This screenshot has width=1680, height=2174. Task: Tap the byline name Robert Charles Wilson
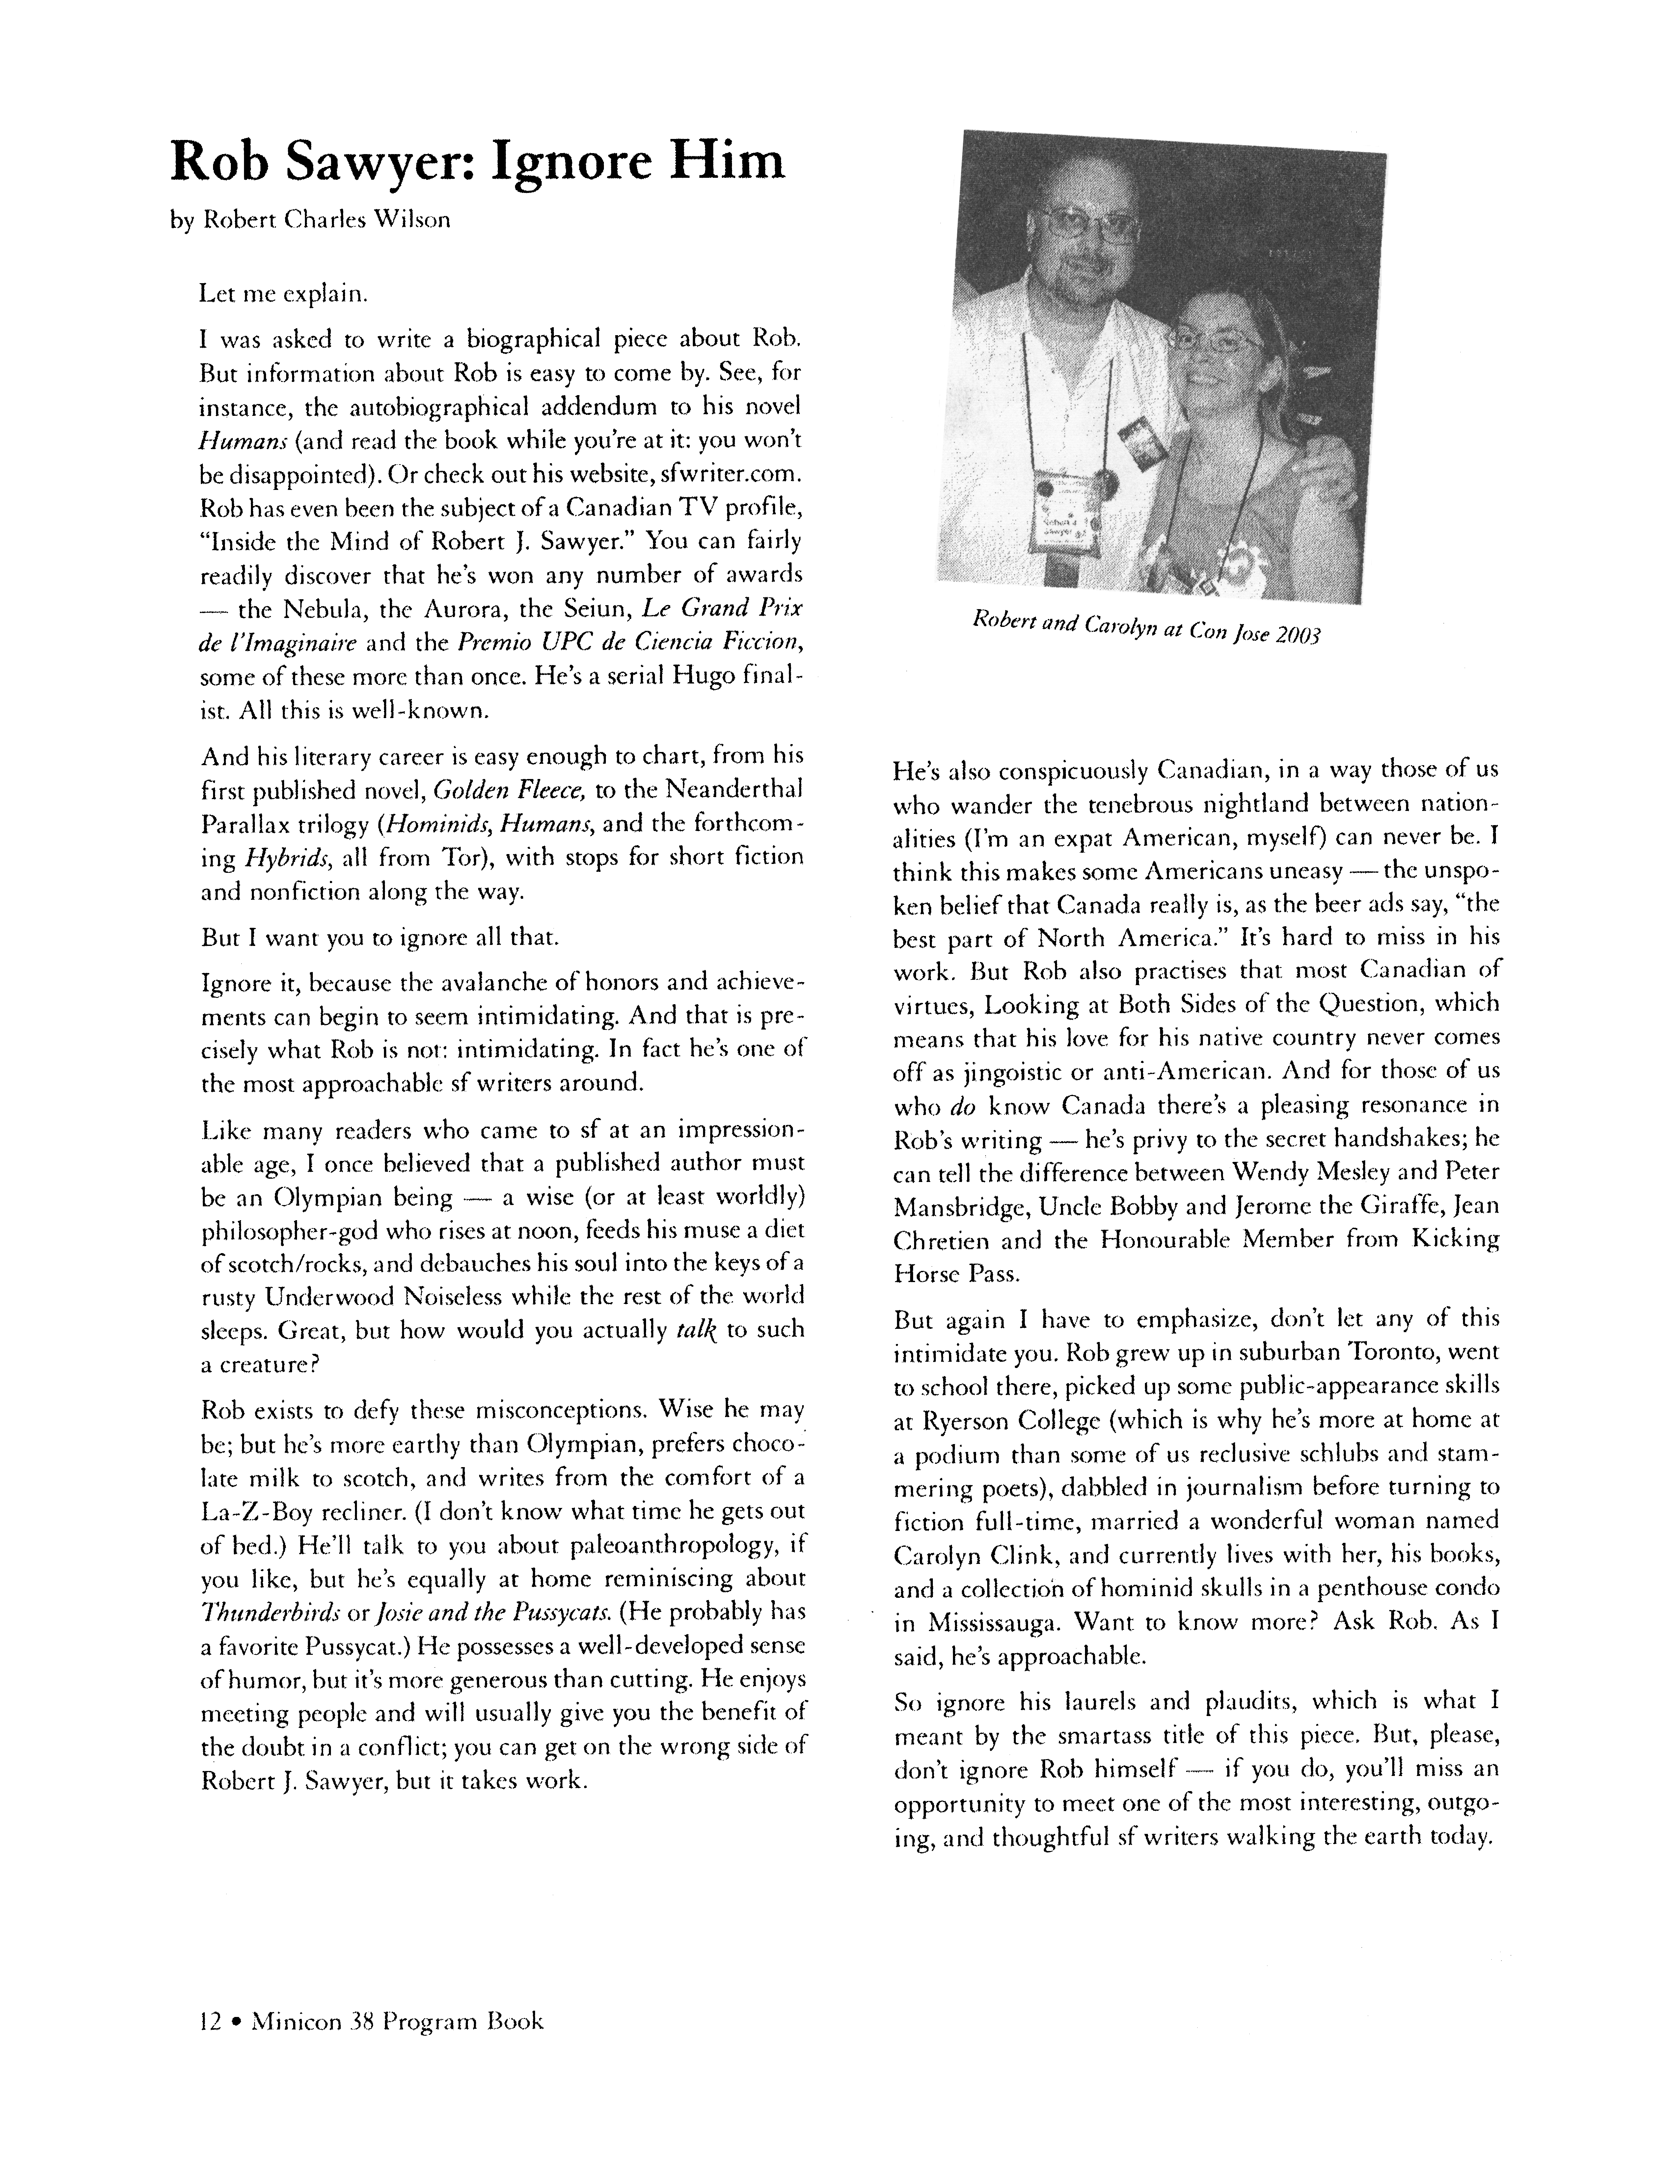[326, 220]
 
